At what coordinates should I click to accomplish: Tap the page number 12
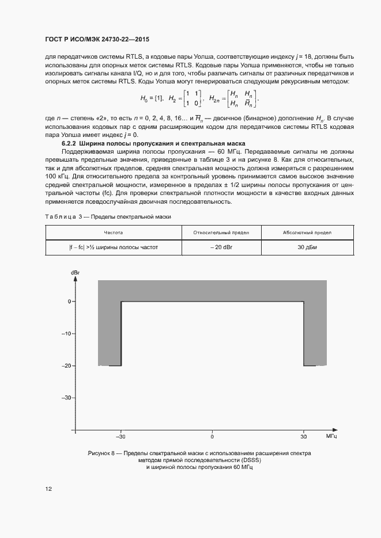coord(49,489)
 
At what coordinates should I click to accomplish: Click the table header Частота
coord(113,232)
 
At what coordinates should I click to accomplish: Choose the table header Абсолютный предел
coord(307,232)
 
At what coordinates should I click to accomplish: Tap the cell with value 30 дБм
coord(307,247)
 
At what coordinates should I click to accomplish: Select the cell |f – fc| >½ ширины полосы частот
coord(113,247)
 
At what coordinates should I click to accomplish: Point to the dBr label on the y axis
coord(74,271)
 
